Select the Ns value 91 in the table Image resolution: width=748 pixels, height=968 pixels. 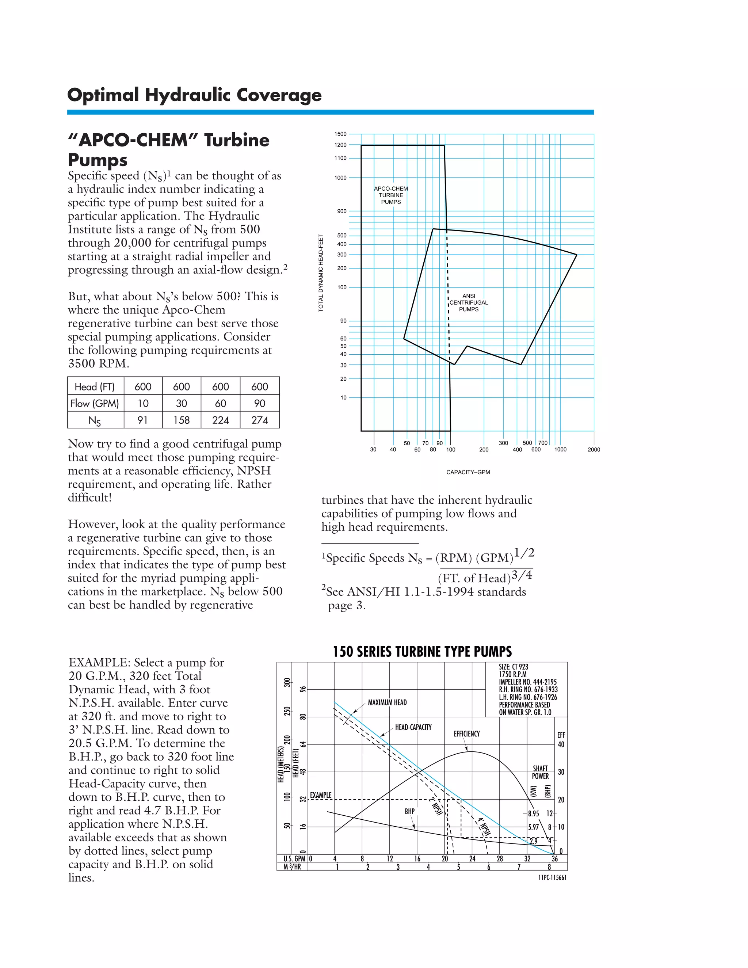point(143,420)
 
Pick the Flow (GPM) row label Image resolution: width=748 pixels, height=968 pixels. point(95,403)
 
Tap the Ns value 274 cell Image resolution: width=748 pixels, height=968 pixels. point(260,420)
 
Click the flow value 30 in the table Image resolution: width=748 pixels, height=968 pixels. point(181,403)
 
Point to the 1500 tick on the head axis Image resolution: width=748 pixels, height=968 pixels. point(340,134)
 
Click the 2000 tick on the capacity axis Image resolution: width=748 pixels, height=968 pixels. point(594,449)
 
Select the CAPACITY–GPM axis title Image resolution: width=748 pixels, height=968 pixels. point(468,472)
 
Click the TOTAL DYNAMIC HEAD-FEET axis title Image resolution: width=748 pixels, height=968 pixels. point(321,273)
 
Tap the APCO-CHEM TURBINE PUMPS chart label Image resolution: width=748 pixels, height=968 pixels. point(391,195)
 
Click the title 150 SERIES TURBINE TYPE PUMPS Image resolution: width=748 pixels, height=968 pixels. point(422,652)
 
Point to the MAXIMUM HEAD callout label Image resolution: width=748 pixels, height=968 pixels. point(387,702)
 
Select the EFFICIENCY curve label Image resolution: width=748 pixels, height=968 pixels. point(467,734)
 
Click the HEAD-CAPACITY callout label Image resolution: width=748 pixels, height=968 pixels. point(413,727)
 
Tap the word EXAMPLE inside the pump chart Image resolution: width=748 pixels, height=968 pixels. point(320,795)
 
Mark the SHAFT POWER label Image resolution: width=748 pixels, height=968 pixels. point(540,772)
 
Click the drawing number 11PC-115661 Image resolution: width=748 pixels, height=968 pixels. point(552,877)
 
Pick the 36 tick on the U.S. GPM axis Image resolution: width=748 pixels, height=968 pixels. point(554,858)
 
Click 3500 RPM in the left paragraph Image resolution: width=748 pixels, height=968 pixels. point(98,364)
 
